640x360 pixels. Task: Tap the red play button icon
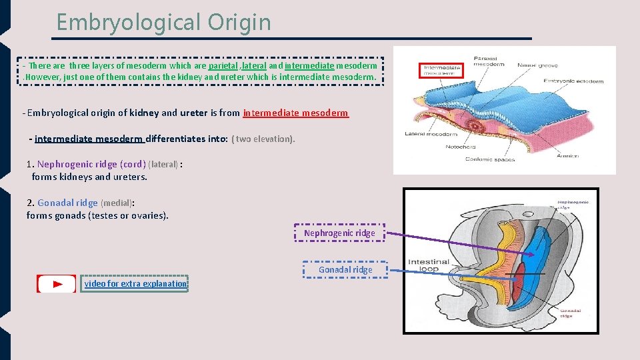(57, 284)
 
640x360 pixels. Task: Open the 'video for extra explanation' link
(135, 284)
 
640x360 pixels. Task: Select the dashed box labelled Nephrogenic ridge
(339, 233)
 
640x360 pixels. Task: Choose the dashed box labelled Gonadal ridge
(345, 269)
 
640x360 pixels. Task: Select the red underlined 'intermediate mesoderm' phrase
(295, 113)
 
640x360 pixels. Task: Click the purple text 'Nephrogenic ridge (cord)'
(91, 164)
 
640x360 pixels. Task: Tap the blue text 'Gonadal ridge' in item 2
(67, 203)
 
